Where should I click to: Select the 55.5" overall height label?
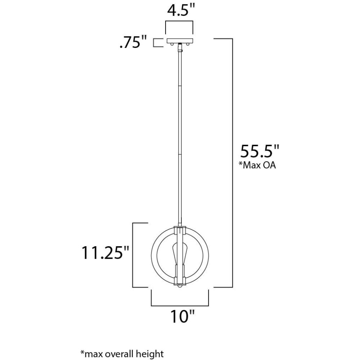(260, 151)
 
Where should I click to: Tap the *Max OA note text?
(257, 165)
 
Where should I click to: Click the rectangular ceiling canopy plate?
(180, 40)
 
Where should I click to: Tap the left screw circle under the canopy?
(171, 44)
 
